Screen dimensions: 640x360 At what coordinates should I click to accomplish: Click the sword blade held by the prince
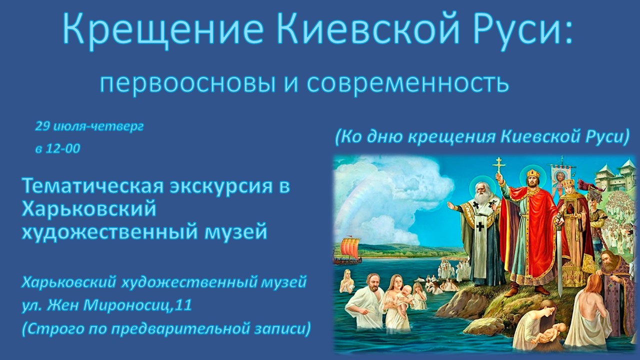coord(558,263)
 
